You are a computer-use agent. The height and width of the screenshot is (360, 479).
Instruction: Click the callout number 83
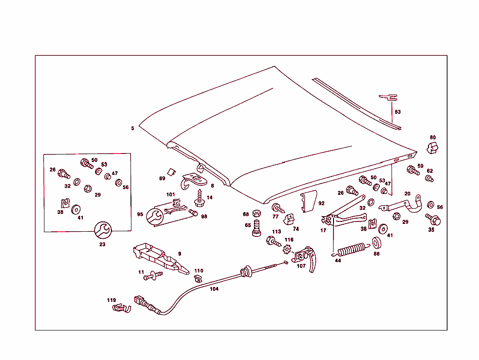tap(398, 112)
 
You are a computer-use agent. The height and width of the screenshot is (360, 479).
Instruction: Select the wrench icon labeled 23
tap(102, 230)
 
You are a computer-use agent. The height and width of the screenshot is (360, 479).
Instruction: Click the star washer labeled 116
tap(288, 249)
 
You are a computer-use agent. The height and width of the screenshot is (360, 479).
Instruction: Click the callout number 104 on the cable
tap(214, 289)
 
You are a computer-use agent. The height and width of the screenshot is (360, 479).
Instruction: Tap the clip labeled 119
tap(120, 309)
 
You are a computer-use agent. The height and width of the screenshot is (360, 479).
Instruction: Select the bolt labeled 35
tap(433, 219)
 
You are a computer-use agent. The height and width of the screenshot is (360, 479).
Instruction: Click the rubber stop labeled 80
tap(433, 147)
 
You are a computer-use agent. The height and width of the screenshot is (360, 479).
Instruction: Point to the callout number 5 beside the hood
tap(132, 128)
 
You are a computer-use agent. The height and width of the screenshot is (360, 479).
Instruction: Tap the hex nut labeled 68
tap(256, 214)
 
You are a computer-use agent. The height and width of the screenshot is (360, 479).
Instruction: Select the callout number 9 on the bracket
tap(179, 254)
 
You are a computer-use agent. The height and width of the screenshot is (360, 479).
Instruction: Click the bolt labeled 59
tap(413, 170)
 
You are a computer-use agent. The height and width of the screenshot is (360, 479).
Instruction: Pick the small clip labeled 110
tap(198, 279)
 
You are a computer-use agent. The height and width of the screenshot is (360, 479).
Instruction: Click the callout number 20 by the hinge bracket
tap(407, 193)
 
